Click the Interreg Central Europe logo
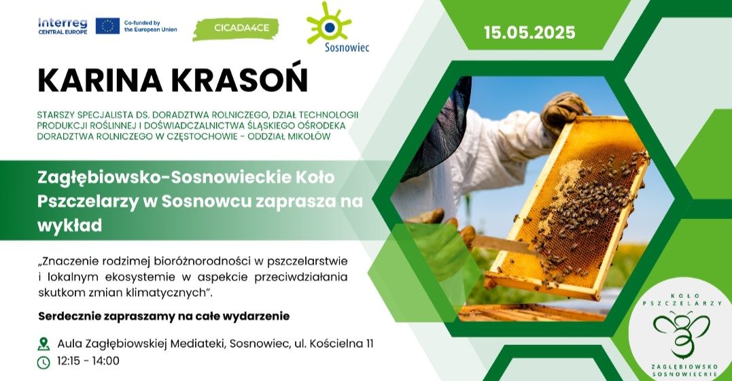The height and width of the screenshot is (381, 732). (x=63, y=26)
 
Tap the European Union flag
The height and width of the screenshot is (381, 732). (x=108, y=26)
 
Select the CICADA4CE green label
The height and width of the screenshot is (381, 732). (x=236, y=29)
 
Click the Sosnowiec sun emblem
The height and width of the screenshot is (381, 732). (x=329, y=23)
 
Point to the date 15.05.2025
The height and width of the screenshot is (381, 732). (x=529, y=32)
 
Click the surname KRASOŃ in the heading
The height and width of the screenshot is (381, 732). (x=240, y=80)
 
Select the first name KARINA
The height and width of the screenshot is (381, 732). (x=101, y=80)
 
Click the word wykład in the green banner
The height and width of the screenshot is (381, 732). (x=69, y=226)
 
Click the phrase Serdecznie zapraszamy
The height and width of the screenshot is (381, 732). (x=107, y=316)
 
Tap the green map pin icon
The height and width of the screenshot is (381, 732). (x=43, y=344)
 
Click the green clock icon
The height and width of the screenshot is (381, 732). (x=43, y=362)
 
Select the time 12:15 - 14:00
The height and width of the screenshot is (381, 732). (x=88, y=361)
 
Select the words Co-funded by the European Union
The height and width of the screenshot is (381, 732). (x=150, y=26)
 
